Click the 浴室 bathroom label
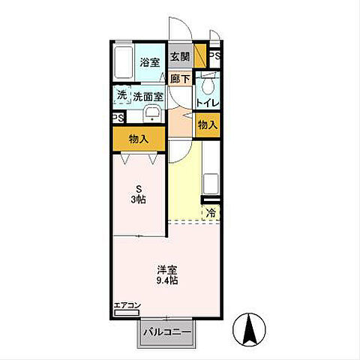pyautogui.click(x=150, y=62)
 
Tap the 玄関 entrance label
pyautogui.click(x=178, y=57)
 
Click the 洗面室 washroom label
pyautogui.click(x=148, y=96)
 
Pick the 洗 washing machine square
pyautogui.click(x=121, y=95)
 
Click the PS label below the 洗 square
pyautogui.click(x=118, y=118)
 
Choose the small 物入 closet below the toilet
pyautogui.click(x=207, y=125)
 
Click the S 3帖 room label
pyautogui.click(x=138, y=194)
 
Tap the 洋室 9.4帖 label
pyautogui.click(x=167, y=274)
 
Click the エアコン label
pyautogui.click(x=127, y=305)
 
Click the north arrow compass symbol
pyautogui.click(x=253, y=328)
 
